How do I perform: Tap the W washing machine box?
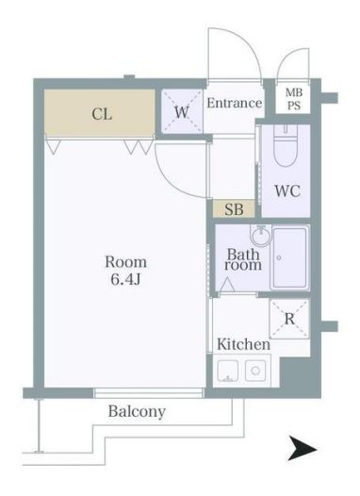click(x=181, y=111)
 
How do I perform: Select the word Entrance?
click(x=234, y=103)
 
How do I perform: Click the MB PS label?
click(x=295, y=99)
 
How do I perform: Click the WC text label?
click(x=286, y=190)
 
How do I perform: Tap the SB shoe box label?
click(x=233, y=209)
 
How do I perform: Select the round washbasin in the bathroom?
click(x=259, y=236)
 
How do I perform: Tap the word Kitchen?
click(x=243, y=345)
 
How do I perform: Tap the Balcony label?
click(x=137, y=412)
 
